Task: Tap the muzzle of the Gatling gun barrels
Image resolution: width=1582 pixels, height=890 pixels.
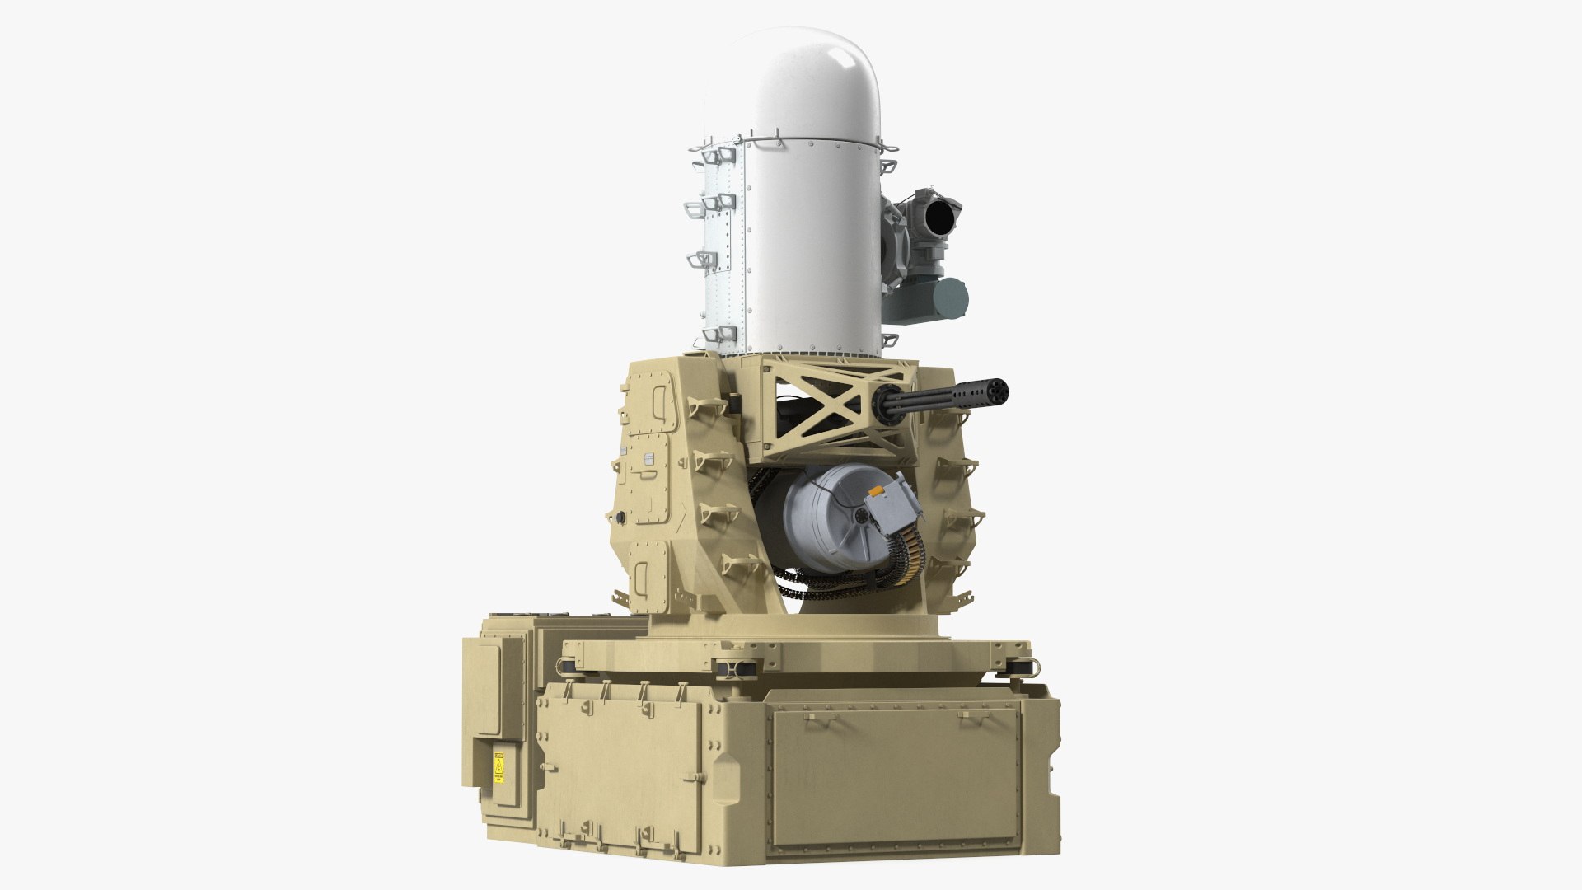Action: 998,388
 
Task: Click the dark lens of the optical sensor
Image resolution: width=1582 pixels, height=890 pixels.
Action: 939,219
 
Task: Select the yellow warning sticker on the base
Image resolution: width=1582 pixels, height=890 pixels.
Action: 498,767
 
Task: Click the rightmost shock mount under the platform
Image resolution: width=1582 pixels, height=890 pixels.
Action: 1018,666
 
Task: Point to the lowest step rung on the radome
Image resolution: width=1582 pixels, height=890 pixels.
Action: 715,335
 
